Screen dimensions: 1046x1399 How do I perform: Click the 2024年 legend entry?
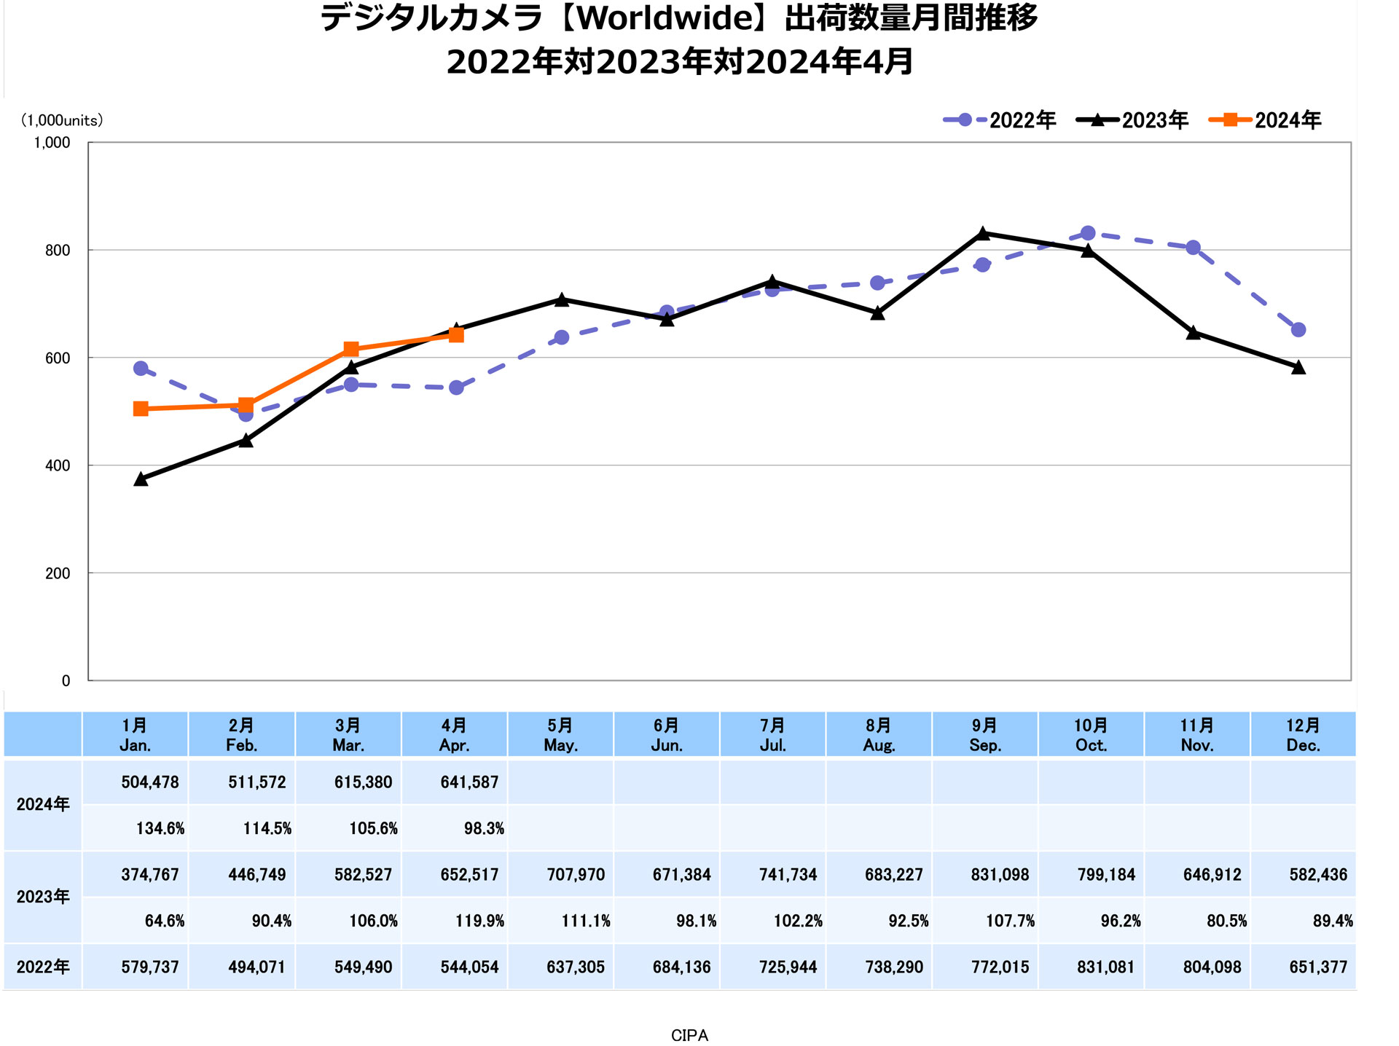(x=1265, y=120)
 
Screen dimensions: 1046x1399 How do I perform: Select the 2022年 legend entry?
(x=1000, y=120)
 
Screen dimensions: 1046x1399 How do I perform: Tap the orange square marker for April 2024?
(x=456, y=335)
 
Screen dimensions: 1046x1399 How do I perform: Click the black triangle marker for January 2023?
(x=141, y=479)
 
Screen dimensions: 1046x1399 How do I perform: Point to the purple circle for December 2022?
(x=1298, y=330)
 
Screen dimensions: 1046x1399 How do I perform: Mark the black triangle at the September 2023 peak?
(x=982, y=234)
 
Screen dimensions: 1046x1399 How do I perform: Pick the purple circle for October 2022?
(x=1087, y=233)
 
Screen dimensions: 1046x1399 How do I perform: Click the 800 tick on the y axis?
(x=58, y=251)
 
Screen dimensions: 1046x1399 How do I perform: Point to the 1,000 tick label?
(x=52, y=143)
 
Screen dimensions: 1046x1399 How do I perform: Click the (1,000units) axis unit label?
(x=62, y=121)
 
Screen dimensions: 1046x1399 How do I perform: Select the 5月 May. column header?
(x=560, y=735)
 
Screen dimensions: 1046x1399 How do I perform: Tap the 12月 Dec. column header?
(x=1303, y=735)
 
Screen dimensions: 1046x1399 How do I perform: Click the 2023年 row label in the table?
(x=43, y=897)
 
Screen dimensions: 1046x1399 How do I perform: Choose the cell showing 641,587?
(x=469, y=782)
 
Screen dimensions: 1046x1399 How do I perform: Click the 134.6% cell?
(x=160, y=828)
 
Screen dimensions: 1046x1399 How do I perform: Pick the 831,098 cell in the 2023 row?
(x=1000, y=875)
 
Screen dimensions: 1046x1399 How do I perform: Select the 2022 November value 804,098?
(x=1212, y=967)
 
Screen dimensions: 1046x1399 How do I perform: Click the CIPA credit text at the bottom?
(x=689, y=1035)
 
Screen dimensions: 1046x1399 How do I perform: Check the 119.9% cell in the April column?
(x=479, y=921)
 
